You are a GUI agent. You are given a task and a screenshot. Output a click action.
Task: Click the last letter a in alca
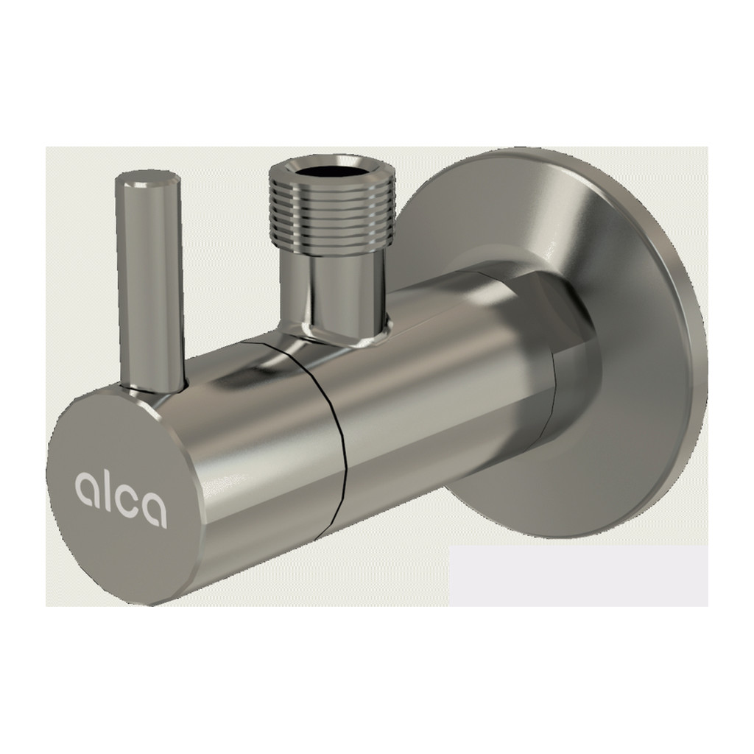(x=155, y=511)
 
